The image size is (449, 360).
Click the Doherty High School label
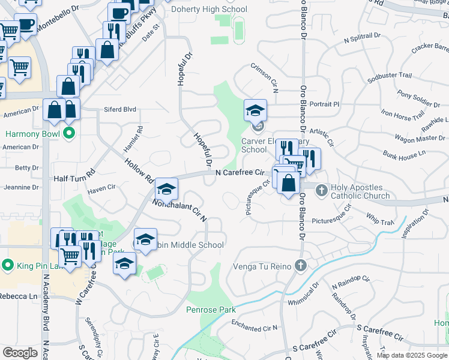(208, 10)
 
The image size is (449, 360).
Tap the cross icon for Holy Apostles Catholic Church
(321, 190)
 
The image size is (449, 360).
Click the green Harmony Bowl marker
(69, 133)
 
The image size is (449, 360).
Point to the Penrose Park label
(211, 310)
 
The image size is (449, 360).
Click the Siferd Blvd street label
(121, 109)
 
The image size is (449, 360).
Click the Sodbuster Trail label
(390, 76)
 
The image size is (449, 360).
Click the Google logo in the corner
(20, 352)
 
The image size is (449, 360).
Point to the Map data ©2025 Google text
(411, 355)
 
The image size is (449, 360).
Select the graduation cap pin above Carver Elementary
(255, 110)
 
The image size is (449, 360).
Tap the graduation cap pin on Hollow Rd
(166, 190)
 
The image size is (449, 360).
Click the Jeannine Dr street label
(21, 187)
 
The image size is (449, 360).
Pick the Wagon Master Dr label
(420, 139)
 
